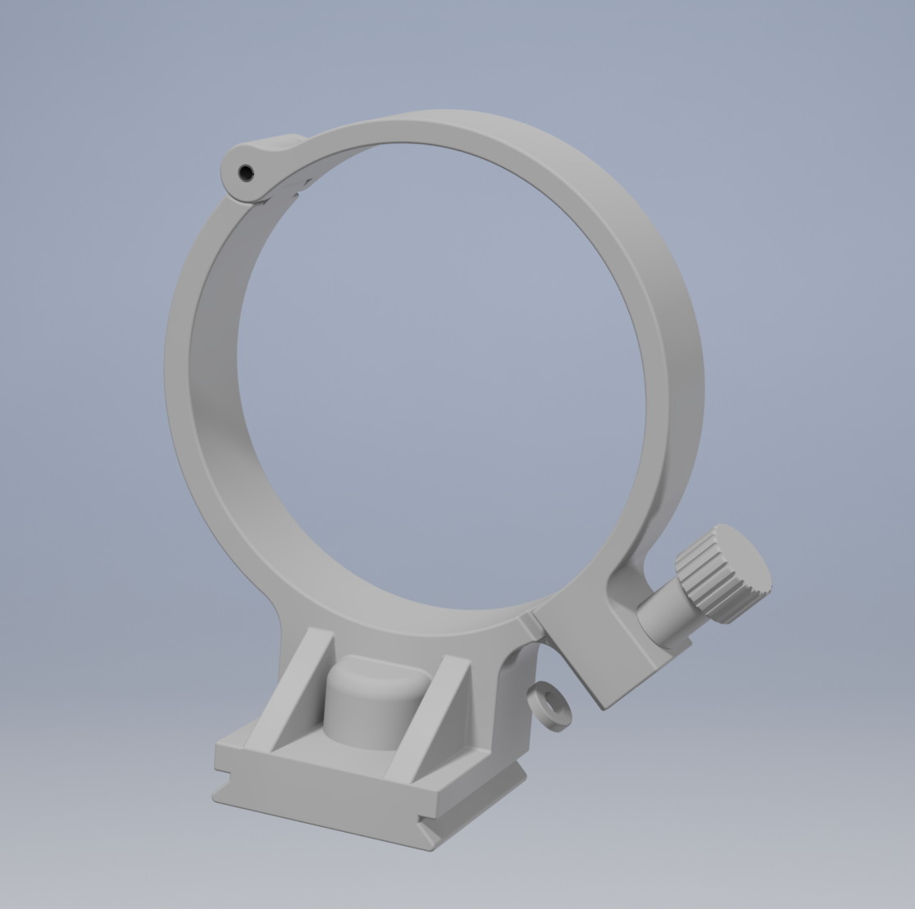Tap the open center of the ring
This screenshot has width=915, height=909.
[x=443, y=369]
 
